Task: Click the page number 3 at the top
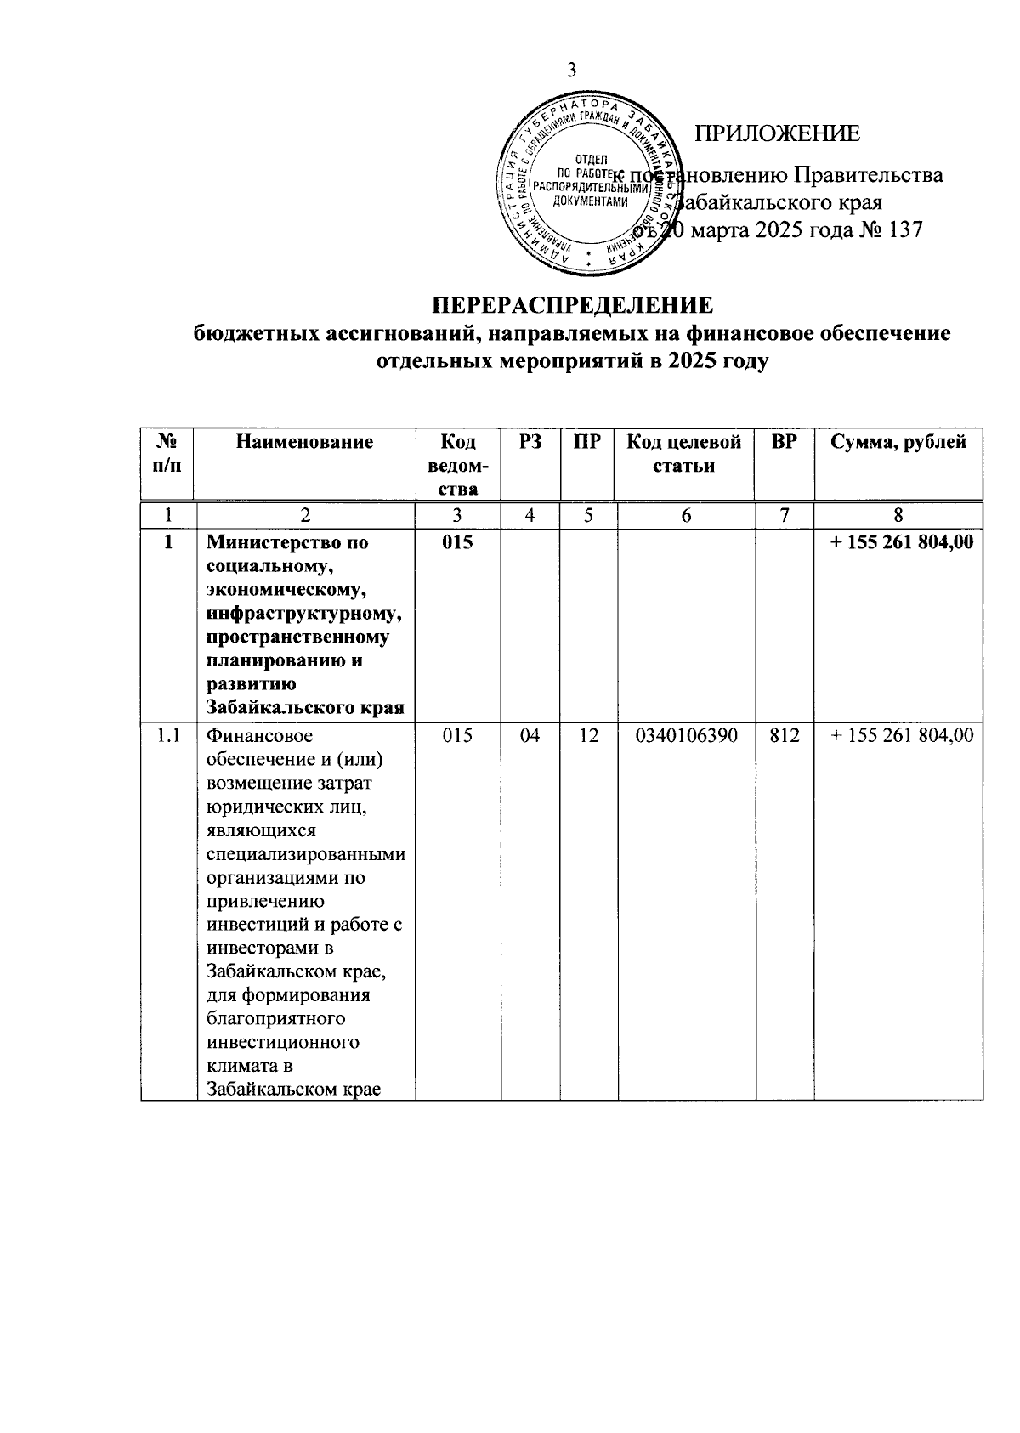pyautogui.click(x=572, y=71)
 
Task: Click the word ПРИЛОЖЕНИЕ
pyautogui.click(x=777, y=134)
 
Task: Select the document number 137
pyautogui.click(x=903, y=229)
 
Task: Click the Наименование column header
pyautogui.click(x=305, y=442)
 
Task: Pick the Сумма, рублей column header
pyautogui.click(x=898, y=442)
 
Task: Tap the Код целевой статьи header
pyautogui.click(x=684, y=454)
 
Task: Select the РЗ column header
pyautogui.click(x=530, y=442)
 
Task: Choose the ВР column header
pyautogui.click(x=784, y=442)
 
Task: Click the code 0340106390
pyautogui.click(x=685, y=736)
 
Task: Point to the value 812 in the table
pyautogui.click(x=784, y=736)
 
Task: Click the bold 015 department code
pyautogui.click(x=457, y=542)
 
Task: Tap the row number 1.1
pyautogui.click(x=168, y=736)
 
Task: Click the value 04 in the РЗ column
pyautogui.click(x=530, y=736)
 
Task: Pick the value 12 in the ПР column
pyautogui.click(x=588, y=736)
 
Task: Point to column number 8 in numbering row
pyautogui.click(x=898, y=515)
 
